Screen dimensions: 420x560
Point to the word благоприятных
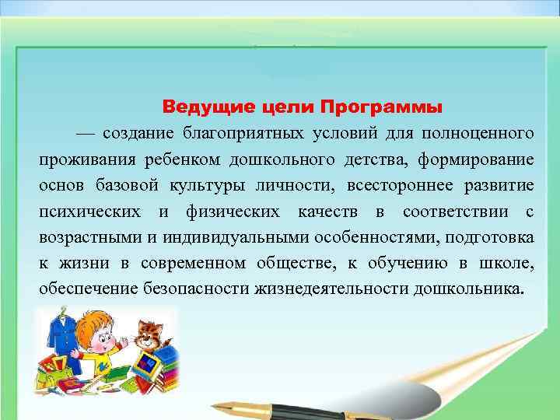click(247, 133)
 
